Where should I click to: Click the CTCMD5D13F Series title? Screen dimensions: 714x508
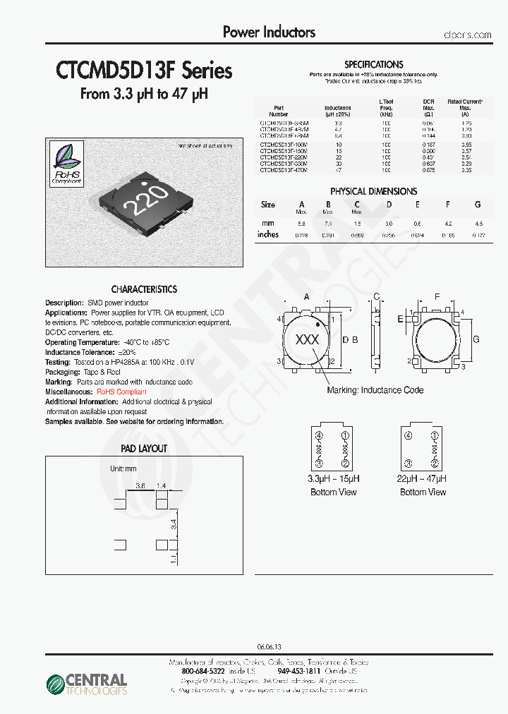(144, 71)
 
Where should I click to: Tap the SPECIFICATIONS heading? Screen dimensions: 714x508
(373, 64)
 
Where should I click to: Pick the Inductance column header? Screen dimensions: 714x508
(338, 111)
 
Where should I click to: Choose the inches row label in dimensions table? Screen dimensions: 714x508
(268, 235)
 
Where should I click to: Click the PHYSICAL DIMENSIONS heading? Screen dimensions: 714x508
(373, 191)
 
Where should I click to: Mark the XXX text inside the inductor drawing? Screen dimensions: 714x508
(307, 339)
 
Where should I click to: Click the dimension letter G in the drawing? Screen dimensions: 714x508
(476, 339)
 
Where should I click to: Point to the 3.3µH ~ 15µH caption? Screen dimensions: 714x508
(334, 478)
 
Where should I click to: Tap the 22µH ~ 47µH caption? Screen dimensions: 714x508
(423, 478)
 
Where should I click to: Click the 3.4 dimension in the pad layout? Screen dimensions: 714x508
(173, 523)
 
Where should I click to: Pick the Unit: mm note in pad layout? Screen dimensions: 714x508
(123, 468)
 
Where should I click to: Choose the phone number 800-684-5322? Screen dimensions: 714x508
(203, 672)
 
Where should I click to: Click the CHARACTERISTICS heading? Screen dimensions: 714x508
(144, 289)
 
